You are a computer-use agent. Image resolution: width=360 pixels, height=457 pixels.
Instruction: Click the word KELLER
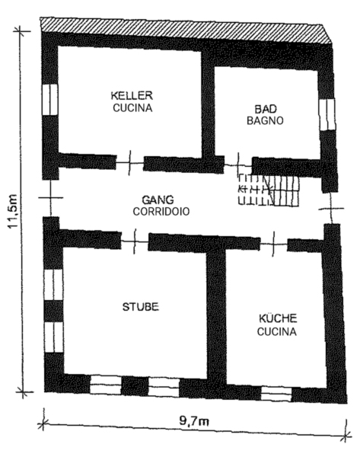132,95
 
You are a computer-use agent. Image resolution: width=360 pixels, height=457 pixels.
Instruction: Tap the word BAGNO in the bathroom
265,120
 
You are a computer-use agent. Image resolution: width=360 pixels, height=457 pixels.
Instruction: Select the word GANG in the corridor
158,200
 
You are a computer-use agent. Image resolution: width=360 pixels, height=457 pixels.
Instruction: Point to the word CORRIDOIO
161,211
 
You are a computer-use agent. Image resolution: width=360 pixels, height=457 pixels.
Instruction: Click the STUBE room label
140,307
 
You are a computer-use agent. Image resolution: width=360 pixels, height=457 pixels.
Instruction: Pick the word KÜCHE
278,318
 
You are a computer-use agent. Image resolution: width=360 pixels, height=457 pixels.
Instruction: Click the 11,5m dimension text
14,211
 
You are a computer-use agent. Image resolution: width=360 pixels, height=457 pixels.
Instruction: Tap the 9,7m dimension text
194,421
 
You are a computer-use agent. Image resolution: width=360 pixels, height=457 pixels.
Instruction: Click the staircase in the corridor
269,190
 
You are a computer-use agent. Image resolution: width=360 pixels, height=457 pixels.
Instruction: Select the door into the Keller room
130,163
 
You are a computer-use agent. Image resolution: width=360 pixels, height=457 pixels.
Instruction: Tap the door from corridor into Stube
135,241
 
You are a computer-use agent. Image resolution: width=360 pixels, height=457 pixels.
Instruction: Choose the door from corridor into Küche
273,244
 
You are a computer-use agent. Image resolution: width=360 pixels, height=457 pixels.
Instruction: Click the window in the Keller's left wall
49,99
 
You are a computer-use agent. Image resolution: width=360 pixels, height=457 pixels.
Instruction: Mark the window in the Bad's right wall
327,114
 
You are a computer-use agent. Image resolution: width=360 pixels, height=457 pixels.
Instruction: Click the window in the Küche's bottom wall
276,394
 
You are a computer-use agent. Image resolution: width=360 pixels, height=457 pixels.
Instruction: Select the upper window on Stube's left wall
53,284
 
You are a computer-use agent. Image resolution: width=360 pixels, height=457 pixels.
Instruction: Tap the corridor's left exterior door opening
51,198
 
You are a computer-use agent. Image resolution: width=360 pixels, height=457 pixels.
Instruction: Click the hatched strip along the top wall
186,30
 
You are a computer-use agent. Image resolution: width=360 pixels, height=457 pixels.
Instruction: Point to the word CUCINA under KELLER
132,108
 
